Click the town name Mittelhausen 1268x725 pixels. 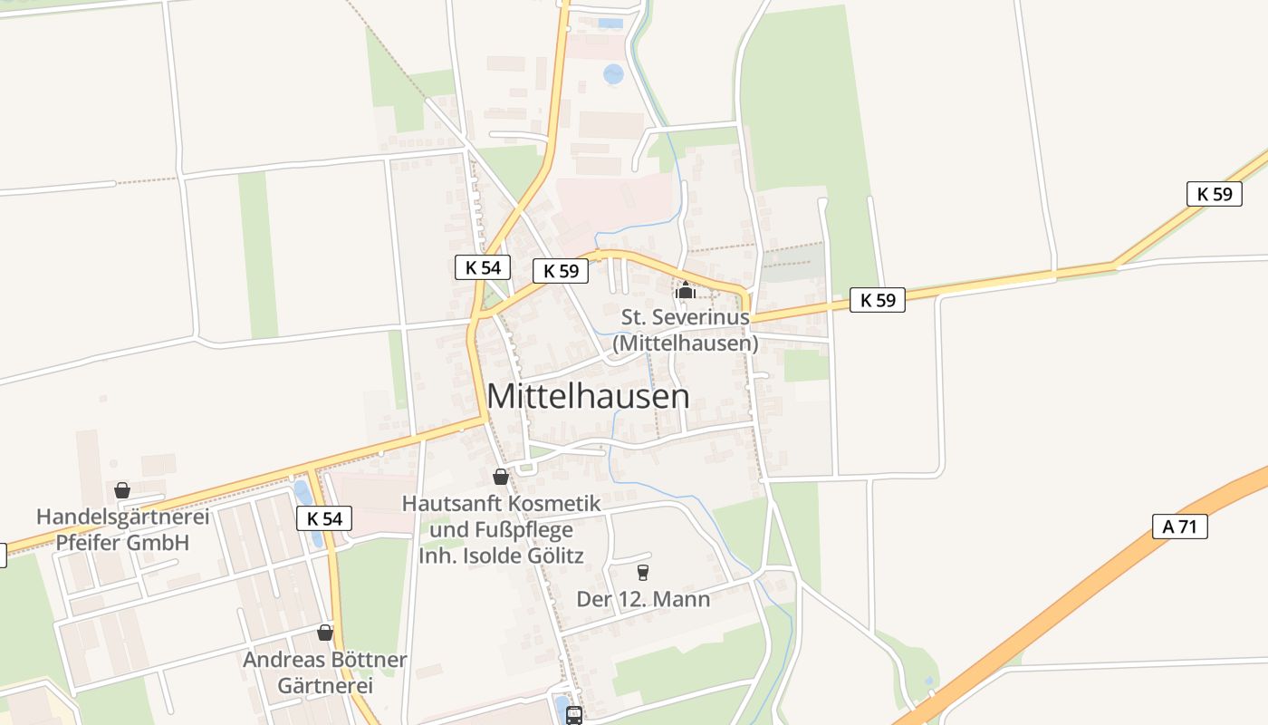[x=588, y=396]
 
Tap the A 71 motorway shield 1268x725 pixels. [x=1180, y=527]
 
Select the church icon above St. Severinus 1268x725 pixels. [x=686, y=291]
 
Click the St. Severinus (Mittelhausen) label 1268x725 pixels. [x=686, y=331]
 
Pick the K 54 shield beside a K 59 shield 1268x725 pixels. [x=483, y=267]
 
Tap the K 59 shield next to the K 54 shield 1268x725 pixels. [x=561, y=271]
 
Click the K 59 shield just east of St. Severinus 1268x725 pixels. [x=878, y=300]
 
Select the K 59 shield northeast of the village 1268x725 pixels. [x=1214, y=193]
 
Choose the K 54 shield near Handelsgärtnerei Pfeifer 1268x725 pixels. [x=324, y=519]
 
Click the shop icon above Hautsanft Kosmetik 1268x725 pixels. [x=500, y=477]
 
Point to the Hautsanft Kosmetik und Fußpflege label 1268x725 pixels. [x=501, y=529]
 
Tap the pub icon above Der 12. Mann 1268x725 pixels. [x=643, y=572]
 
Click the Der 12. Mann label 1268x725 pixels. [x=643, y=599]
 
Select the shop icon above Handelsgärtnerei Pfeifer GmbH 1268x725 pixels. [x=122, y=491]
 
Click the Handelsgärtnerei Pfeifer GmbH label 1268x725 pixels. [x=122, y=530]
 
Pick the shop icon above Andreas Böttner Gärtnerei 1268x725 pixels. [x=325, y=633]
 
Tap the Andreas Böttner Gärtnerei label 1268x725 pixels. [x=325, y=672]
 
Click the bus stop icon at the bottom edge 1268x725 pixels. [x=573, y=715]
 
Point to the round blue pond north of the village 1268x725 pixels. [x=613, y=74]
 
